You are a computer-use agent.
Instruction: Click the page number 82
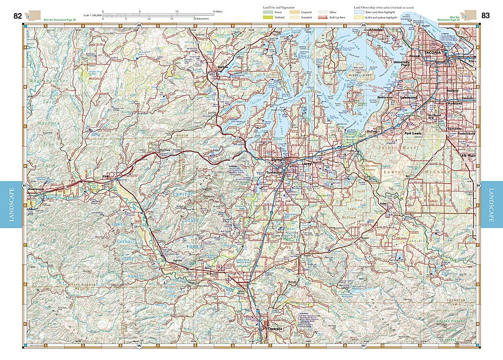18,16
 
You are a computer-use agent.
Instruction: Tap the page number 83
485,16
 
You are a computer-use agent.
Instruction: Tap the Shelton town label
222,66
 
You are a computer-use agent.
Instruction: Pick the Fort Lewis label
416,133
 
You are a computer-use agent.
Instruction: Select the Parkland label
455,104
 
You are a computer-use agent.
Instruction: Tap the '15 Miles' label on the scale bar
217,11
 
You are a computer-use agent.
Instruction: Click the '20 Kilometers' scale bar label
201,19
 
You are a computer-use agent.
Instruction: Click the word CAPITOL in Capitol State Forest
184,194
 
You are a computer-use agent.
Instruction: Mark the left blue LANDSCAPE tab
11,204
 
